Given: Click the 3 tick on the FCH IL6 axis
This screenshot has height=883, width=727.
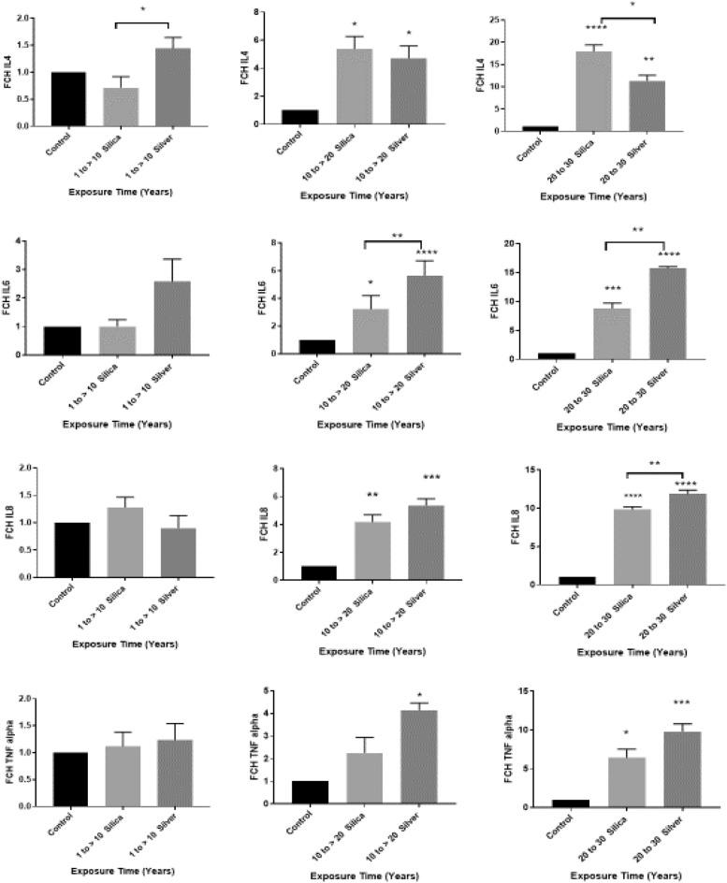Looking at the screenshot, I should (35, 270).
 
